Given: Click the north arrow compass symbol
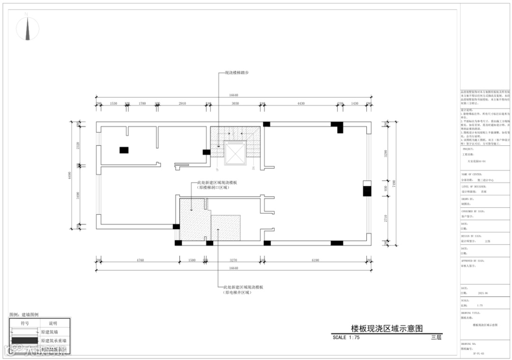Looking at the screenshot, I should (x=27, y=28).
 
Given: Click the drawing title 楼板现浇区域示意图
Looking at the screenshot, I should (x=387, y=328).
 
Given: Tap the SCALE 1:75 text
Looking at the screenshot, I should (x=347, y=337).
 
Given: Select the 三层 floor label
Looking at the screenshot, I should (x=436, y=337).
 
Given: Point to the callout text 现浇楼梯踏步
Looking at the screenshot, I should (x=236, y=73).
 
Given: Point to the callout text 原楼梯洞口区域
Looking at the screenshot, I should (x=213, y=188).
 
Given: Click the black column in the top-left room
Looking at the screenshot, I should (x=124, y=150).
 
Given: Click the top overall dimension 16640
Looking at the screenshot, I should (x=233, y=95).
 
